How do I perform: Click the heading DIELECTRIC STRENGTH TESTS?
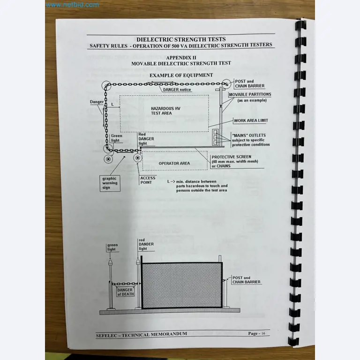click(x=180, y=39)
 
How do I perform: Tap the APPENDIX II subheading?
click(x=181, y=57)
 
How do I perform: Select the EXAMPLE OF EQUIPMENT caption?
click(x=181, y=75)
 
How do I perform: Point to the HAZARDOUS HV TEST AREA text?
click(x=161, y=110)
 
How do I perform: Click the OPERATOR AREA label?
click(x=174, y=163)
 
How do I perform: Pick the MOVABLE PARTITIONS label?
click(x=250, y=95)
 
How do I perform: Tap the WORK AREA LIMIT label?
click(x=251, y=120)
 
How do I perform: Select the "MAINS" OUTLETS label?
click(x=249, y=135)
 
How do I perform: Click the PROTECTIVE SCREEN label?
click(x=231, y=157)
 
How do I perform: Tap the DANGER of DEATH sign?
click(x=125, y=292)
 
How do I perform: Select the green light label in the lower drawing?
click(x=112, y=247)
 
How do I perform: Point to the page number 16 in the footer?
click(x=263, y=333)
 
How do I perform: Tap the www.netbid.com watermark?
click(x=73, y=5)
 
